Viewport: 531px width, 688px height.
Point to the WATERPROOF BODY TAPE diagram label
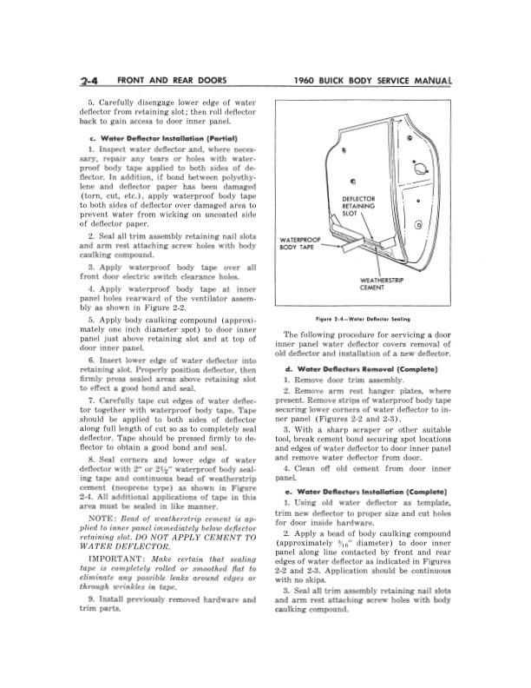pos(299,243)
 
